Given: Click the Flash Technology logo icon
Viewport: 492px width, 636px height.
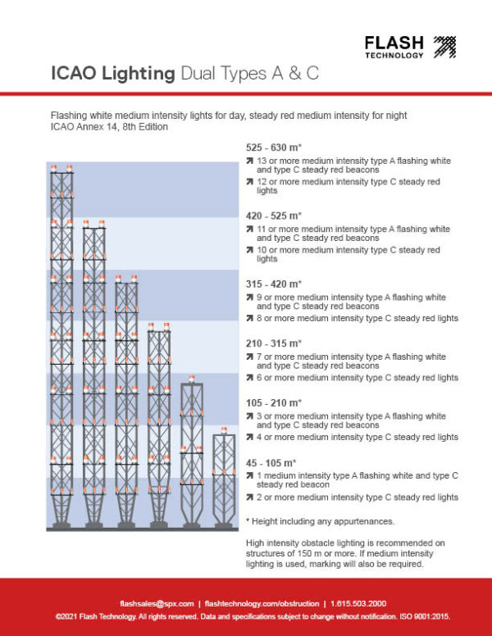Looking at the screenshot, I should (444, 47).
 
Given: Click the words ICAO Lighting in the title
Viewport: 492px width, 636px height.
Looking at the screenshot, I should (113, 74).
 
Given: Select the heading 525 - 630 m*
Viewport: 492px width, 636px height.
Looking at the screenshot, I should (273, 148).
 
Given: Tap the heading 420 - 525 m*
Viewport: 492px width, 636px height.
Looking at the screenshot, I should (273, 216).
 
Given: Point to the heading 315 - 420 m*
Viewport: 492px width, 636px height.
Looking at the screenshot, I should (273, 284).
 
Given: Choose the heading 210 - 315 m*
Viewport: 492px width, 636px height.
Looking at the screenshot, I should (273, 343).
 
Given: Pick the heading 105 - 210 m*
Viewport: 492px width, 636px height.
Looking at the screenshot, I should (273, 402).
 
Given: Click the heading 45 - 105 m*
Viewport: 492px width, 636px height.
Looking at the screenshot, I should (271, 462).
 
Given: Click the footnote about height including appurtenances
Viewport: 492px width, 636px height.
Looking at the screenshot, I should (313, 521).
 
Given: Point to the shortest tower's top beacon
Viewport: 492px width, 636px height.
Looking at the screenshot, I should (224, 430).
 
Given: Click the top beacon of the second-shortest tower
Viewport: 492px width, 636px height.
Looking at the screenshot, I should (192, 380).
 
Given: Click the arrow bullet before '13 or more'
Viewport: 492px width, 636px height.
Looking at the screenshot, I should (249, 161).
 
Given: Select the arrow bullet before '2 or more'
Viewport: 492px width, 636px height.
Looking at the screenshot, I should (249, 497).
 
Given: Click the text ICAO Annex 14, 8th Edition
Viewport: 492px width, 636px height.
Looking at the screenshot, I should (108, 127).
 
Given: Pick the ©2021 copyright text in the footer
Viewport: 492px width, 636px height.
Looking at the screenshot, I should (246, 616).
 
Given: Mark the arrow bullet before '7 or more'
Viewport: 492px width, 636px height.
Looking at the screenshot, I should (249, 357).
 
